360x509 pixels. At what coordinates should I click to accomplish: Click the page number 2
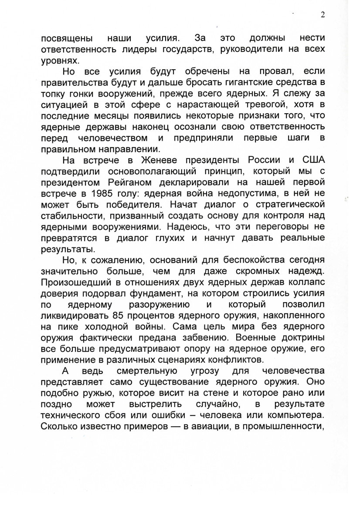click(323, 15)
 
